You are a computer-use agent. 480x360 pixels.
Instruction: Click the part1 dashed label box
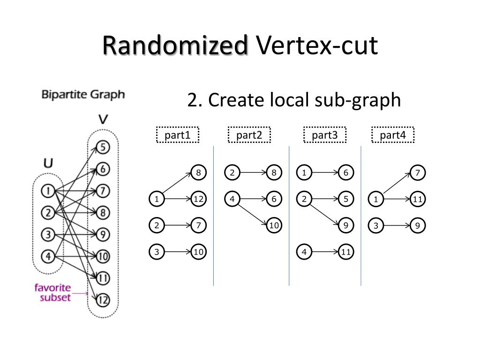(x=178, y=135)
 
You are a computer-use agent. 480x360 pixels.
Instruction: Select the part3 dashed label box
(x=325, y=135)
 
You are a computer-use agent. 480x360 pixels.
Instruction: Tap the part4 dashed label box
(x=393, y=135)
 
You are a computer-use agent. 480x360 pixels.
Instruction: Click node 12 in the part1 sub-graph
(x=198, y=199)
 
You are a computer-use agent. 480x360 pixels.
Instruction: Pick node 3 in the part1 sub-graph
(x=157, y=252)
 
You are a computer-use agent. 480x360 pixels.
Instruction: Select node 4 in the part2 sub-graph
(x=232, y=199)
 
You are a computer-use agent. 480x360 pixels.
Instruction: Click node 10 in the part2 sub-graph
(x=274, y=225)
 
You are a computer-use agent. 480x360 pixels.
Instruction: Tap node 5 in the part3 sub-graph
(x=346, y=199)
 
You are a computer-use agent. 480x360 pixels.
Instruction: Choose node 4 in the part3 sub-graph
(x=304, y=252)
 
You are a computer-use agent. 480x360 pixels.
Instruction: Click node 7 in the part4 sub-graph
(x=418, y=172)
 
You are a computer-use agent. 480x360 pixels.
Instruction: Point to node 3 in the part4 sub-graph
(x=376, y=225)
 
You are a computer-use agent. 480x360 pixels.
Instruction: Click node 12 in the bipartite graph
(x=103, y=300)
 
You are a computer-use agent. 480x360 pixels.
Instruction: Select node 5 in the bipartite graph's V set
(x=103, y=147)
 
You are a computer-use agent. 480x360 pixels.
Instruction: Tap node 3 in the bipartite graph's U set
(x=48, y=235)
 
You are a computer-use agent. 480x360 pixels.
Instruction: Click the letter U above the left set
(x=48, y=163)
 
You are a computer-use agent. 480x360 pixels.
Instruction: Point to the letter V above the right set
(x=103, y=119)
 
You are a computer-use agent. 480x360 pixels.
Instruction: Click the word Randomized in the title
(x=175, y=45)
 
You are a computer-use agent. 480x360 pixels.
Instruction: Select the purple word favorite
(x=52, y=288)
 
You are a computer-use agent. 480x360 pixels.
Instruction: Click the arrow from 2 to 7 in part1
(x=178, y=225)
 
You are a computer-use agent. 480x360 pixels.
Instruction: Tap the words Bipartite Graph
(x=83, y=95)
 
